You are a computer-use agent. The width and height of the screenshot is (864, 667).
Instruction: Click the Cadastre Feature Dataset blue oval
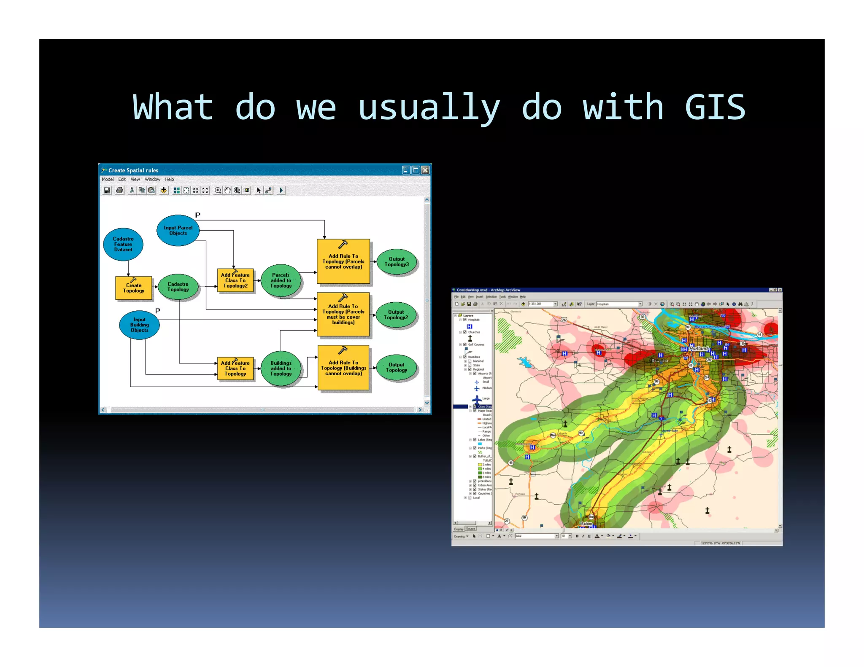coord(123,244)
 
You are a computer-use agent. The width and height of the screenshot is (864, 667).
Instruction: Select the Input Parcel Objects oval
coord(178,230)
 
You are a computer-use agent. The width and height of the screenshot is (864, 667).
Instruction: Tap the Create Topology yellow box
coord(134,288)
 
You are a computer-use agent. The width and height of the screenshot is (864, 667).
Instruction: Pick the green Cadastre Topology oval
coord(178,287)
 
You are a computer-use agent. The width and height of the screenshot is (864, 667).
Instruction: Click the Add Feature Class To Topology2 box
coord(235,280)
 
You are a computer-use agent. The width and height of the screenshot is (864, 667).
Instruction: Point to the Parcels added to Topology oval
coord(281,280)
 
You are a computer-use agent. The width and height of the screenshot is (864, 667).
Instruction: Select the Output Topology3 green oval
coord(397,262)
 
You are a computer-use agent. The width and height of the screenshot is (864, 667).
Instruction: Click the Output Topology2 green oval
coord(396,315)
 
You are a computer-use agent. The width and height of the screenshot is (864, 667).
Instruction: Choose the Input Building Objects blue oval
coord(139,325)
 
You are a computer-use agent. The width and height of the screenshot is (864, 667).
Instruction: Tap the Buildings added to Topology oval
coord(281,368)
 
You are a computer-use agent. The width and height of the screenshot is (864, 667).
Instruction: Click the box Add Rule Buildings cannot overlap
coord(343,368)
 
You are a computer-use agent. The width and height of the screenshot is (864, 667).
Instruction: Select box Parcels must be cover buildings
coord(343,315)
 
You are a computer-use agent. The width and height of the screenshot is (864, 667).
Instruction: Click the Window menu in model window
coord(152,179)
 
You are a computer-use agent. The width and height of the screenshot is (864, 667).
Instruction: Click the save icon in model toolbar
coord(107,191)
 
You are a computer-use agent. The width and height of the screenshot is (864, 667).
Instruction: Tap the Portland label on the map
coord(698,349)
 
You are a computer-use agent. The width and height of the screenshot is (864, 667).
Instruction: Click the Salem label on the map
coord(586,524)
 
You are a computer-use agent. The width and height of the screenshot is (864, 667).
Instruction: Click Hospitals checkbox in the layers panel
coord(465,320)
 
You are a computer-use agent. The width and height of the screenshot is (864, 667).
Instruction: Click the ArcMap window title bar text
coord(488,290)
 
